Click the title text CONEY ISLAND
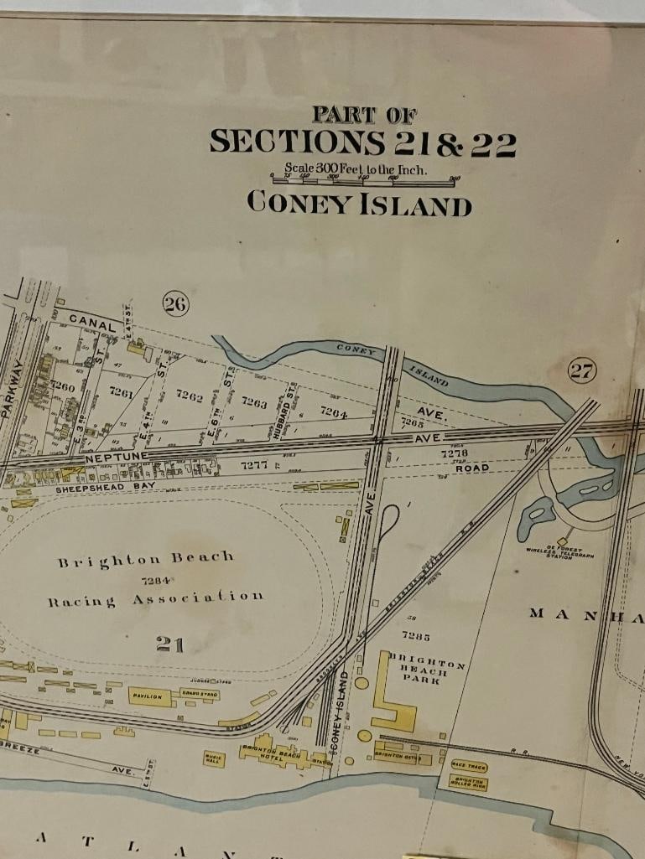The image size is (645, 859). point(359,203)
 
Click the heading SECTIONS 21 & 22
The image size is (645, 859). point(362,142)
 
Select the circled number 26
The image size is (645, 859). point(175,304)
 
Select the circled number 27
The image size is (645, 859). point(581,370)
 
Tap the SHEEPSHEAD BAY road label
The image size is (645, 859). point(101,487)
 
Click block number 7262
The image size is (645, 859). point(190,396)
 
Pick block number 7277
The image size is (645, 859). point(254,464)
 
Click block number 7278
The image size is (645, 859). point(454,453)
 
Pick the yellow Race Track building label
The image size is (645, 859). point(469,766)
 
